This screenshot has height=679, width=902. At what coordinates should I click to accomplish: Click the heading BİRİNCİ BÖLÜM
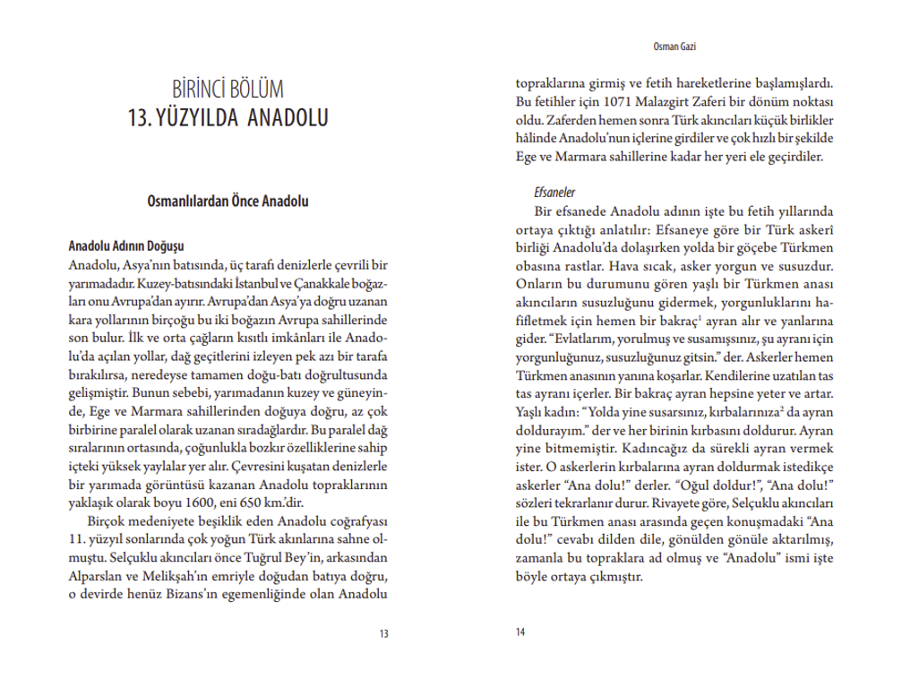click(228, 90)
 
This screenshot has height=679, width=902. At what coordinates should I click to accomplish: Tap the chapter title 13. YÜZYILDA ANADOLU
click(228, 117)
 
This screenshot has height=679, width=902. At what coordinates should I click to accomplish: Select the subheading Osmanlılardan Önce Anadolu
click(228, 202)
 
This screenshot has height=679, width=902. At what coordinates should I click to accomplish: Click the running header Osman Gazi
click(677, 46)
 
